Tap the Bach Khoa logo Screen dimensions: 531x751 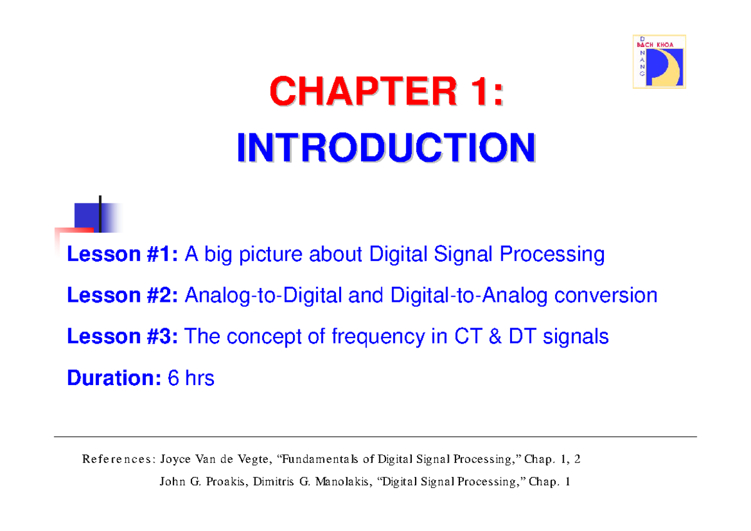[x=659, y=61]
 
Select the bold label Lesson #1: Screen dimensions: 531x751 [x=123, y=255]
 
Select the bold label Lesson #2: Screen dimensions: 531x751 [x=123, y=296]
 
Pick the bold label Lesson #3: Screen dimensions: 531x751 [x=123, y=337]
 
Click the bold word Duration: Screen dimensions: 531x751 [x=115, y=378]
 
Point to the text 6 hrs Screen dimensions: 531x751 [x=192, y=378]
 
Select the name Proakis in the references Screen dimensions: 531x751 [x=225, y=482]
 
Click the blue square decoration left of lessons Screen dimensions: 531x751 [x=88, y=217]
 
